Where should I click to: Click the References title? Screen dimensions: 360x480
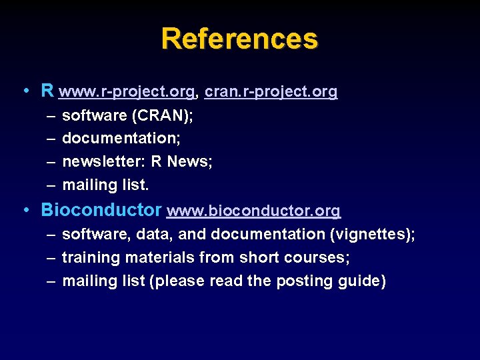tap(239, 39)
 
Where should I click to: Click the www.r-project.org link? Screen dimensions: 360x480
tap(127, 91)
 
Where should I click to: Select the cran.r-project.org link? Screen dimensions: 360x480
tap(271, 91)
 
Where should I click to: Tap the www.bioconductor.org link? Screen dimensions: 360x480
tap(253, 211)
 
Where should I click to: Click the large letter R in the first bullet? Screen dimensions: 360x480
tap(47, 90)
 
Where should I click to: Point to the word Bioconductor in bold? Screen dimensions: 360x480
tap(101, 210)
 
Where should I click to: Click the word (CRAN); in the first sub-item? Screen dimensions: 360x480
tap(163, 115)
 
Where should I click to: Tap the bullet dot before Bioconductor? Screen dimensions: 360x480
tap(25, 210)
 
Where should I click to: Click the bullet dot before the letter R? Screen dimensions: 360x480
tap(25, 90)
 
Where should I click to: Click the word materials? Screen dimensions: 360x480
tap(153, 257)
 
